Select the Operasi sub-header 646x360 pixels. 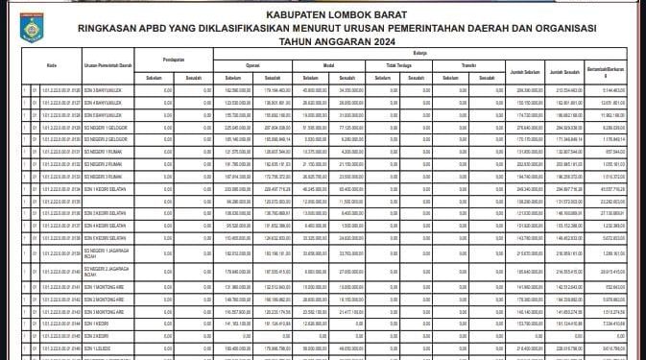click(x=252, y=65)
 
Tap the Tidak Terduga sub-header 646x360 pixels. click(x=397, y=65)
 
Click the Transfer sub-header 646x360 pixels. click(x=469, y=65)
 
